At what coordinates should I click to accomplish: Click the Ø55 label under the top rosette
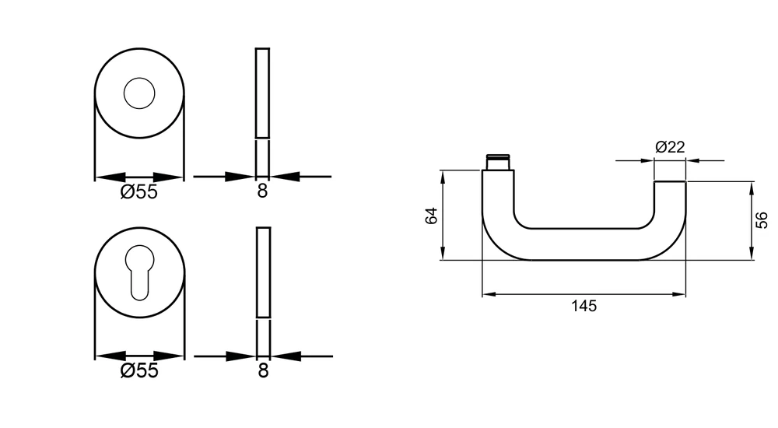point(139,191)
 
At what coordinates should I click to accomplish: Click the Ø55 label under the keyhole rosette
point(139,370)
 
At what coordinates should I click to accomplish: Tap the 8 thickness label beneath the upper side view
point(262,191)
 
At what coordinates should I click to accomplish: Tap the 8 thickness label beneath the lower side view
point(264,370)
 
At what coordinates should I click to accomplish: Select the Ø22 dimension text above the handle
point(670,147)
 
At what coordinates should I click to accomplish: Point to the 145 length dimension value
point(583,306)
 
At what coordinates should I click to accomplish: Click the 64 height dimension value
point(432,216)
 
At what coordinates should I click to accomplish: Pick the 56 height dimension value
point(762,220)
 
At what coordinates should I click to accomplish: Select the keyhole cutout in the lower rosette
point(139,272)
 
